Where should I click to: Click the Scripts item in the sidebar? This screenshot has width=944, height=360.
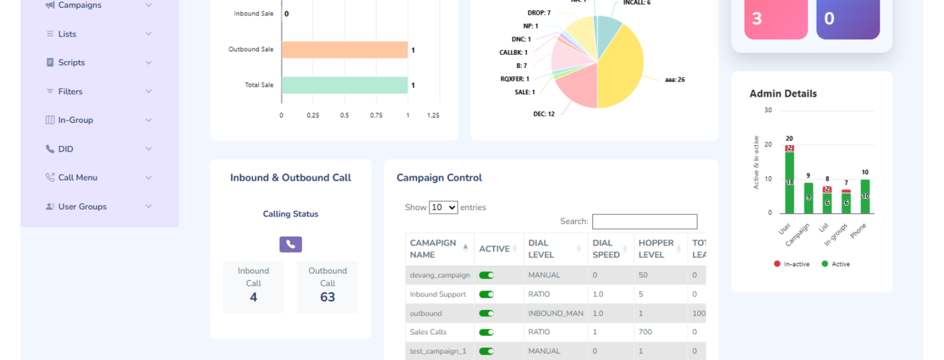click(71, 63)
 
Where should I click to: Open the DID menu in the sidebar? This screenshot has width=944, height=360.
click(65, 149)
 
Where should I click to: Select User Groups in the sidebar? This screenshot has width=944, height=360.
click(82, 207)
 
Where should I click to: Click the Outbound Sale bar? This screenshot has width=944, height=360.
click(345, 50)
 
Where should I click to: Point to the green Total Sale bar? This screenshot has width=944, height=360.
click(345, 85)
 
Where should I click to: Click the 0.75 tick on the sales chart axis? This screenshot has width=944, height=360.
click(376, 116)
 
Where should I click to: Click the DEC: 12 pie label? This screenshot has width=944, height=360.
click(543, 114)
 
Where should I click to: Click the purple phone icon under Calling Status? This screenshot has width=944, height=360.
click(290, 244)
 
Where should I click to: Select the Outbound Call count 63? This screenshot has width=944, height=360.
click(327, 297)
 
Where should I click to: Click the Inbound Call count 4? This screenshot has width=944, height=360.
click(253, 297)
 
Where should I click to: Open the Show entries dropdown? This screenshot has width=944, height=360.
click(443, 207)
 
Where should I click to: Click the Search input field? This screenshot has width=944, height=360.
click(644, 221)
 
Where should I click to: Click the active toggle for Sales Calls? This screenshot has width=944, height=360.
click(486, 332)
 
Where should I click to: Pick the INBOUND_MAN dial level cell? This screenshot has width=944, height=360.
click(555, 313)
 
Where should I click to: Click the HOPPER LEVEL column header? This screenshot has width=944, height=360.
click(655, 248)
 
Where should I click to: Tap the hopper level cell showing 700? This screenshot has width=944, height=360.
click(645, 332)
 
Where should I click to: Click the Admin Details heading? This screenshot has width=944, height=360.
click(783, 93)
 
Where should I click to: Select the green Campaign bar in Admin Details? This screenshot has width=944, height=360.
click(808, 198)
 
